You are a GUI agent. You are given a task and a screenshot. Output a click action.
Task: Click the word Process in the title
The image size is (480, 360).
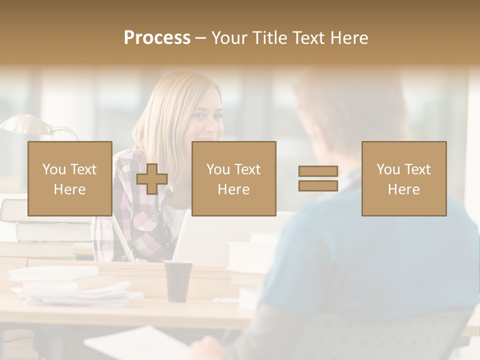tap(157, 38)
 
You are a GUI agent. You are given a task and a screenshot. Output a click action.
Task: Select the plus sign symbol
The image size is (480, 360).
tap(152, 178)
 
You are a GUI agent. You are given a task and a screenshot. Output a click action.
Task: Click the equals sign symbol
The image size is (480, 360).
tap(318, 178)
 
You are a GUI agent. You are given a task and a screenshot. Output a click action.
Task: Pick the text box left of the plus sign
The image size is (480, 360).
tap(69, 178)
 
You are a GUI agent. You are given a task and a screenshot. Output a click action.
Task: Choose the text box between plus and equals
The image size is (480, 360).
tap(233, 178)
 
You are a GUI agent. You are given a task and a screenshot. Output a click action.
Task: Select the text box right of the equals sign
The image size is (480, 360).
tap(403, 178)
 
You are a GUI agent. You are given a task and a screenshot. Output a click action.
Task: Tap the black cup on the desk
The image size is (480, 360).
tap(178, 280)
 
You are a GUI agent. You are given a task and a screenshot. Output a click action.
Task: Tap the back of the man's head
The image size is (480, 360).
tap(350, 110)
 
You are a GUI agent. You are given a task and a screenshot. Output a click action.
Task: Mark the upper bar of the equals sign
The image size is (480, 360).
tap(318, 171)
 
